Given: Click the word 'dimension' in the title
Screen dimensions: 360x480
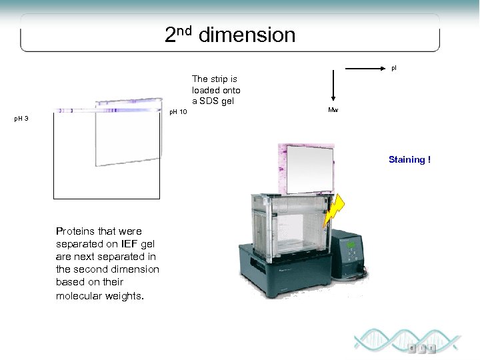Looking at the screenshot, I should tap(247, 35).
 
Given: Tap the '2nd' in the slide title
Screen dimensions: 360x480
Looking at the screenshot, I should tap(179, 33).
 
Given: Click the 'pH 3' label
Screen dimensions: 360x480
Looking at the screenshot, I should tap(21, 119).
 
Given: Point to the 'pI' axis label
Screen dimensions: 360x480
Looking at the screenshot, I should tap(393, 68).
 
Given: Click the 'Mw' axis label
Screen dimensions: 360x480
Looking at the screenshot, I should tap(333, 109).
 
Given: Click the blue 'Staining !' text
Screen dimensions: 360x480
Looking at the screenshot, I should tap(409, 159).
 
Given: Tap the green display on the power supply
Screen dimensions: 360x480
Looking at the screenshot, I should tap(351, 246).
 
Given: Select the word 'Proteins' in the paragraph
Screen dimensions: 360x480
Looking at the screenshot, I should tap(76, 231).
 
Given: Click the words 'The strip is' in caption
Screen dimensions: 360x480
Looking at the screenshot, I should tap(215, 79).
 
